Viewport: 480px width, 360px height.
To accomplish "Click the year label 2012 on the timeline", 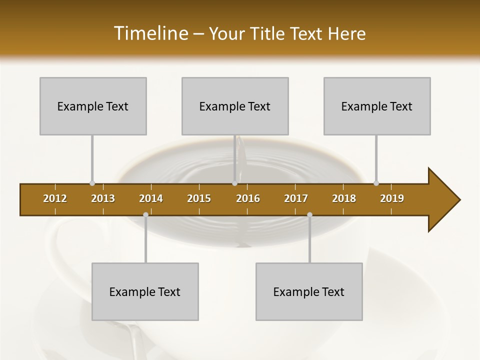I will [55, 198].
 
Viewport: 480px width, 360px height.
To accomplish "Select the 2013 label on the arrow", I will [103, 198].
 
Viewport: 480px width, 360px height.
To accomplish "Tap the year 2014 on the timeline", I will [151, 198].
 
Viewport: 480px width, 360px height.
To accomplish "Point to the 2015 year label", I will [199, 198].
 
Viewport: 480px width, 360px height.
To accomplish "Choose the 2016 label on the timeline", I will [248, 198].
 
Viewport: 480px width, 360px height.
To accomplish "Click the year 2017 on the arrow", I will [296, 198].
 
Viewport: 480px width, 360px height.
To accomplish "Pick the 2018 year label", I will [344, 198].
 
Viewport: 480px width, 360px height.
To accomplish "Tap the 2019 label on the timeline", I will [392, 198].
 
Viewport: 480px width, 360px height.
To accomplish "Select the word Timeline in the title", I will [150, 33].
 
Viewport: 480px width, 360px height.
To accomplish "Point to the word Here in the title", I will [346, 33].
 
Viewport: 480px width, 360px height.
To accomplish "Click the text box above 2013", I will [93, 106].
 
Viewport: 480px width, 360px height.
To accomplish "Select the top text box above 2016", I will [235, 106].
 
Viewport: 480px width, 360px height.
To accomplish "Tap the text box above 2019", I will [377, 106].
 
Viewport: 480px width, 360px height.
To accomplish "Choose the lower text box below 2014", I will [145, 291].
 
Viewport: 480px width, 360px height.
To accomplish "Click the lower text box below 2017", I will [309, 291].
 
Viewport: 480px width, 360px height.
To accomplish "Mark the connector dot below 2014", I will [145, 214].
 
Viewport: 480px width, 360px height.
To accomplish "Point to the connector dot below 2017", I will [309, 214].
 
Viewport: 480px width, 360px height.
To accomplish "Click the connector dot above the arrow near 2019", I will [376, 183].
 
